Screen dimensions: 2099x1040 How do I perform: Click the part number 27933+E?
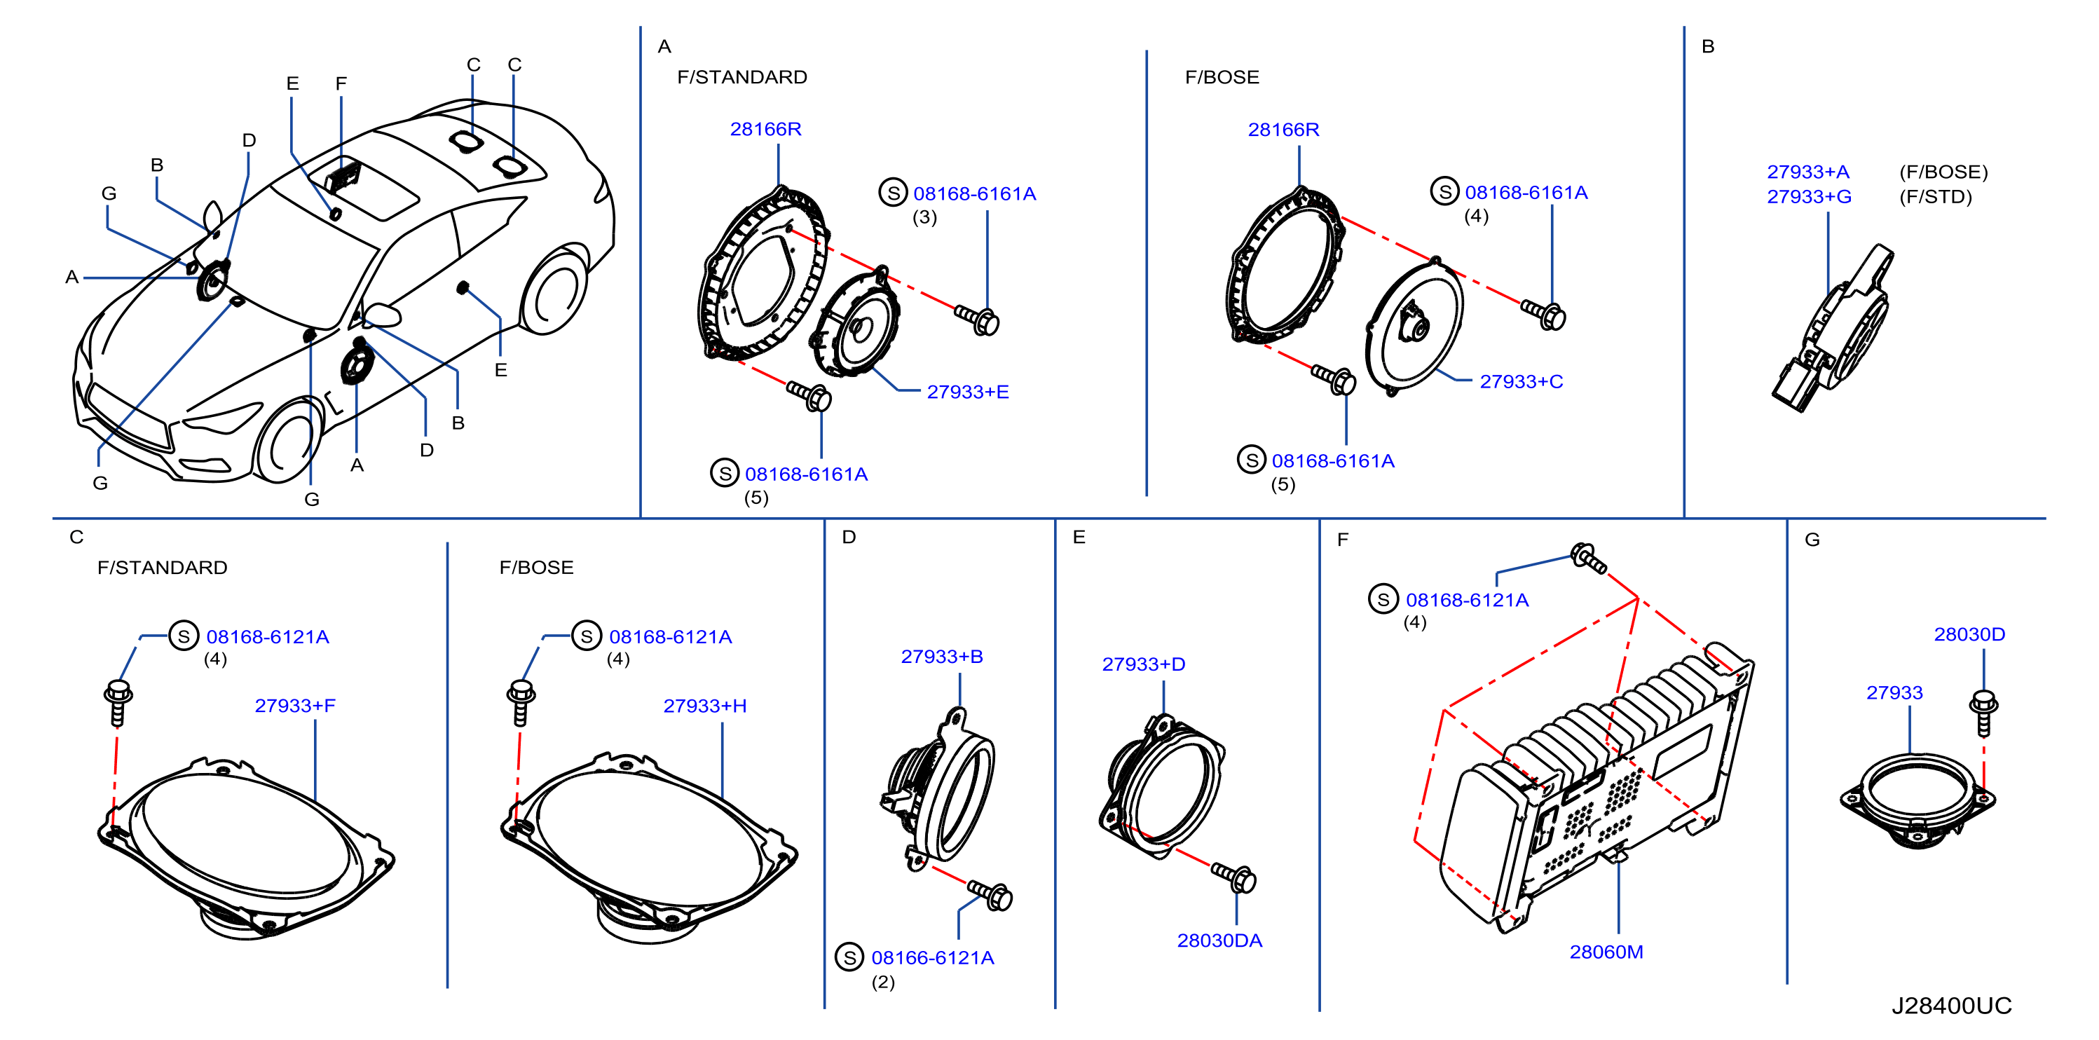coord(967,392)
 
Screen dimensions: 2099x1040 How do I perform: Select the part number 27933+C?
coord(1521,381)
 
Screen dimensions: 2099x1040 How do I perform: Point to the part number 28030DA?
coord(1219,940)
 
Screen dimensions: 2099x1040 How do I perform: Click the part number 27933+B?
coord(941,656)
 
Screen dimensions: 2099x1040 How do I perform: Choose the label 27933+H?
coord(704,706)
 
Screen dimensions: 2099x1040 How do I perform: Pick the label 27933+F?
coord(294,706)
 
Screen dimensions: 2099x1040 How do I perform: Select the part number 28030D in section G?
coord(1969,634)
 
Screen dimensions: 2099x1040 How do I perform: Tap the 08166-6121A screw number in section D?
coord(932,958)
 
